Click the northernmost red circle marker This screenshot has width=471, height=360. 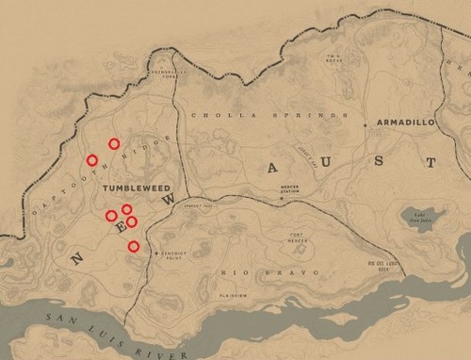(114, 144)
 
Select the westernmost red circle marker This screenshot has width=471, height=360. (91, 160)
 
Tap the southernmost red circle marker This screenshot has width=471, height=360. (134, 247)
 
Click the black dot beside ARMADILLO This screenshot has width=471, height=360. (365, 123)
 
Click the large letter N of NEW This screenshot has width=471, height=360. (78, 255)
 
